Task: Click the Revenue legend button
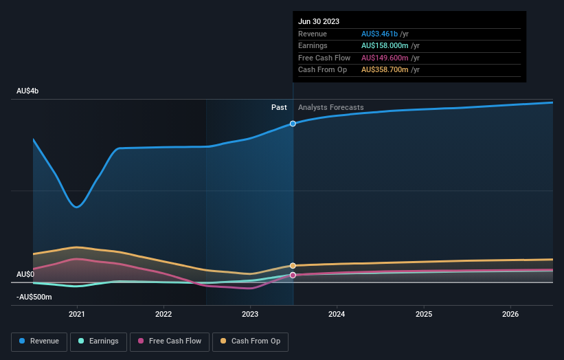point(39,341)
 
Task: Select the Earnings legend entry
point(98,341)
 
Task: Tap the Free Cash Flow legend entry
point(169,341)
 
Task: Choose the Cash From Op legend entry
point(250,341)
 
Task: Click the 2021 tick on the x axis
point(77,314)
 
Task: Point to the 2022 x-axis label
point(163,314)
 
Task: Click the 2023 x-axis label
point(250,314)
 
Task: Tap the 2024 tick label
point(337,314)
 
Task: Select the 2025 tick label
point(424,314)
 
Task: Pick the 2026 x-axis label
point(510,314)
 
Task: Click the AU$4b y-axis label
point(28,91)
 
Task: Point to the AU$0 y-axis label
point(25,274)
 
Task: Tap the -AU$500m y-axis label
point(34,297)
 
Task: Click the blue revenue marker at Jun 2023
point(293,124)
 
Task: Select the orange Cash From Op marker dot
point(293,265)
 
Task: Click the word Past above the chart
point(279,107)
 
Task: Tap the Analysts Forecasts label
point(330,107)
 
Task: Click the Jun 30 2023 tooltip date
point(318,21)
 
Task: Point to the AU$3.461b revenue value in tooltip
point(385,34)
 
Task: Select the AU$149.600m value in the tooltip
point(390,58)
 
